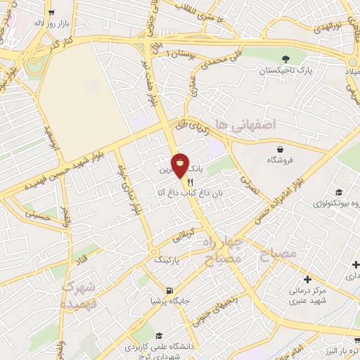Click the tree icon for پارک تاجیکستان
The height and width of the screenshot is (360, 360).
[x=285, y=59]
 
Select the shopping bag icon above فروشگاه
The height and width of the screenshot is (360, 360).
[x=281, y=148]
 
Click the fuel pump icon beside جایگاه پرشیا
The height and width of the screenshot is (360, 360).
[x=169, y=290]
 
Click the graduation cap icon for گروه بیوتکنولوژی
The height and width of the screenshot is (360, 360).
[x=339, y=192]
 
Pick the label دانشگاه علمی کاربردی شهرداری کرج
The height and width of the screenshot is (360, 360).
[x=155, y=350]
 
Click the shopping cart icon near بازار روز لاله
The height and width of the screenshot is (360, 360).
[x=51, y=13]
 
